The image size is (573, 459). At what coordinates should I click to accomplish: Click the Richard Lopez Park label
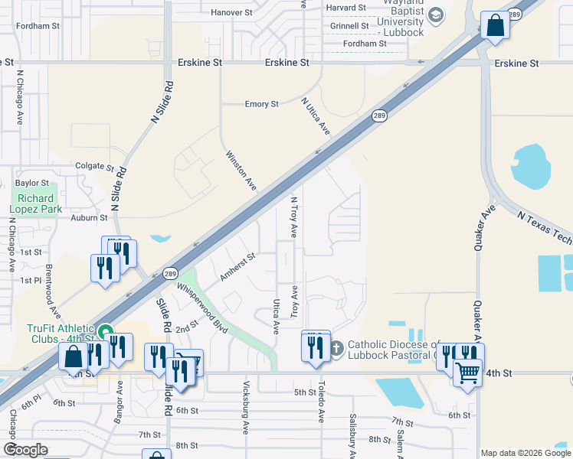(36, 203)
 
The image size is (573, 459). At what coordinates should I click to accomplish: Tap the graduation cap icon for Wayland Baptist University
(435, 15)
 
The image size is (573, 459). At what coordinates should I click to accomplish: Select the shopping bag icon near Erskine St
(495, 25)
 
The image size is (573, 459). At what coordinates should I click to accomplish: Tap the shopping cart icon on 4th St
(467, 373)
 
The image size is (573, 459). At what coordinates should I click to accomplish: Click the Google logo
(25, 450)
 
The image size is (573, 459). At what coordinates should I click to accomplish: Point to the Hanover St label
(231, 13)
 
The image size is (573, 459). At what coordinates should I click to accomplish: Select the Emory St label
(261, 104)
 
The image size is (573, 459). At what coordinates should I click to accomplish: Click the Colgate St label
(94, 166)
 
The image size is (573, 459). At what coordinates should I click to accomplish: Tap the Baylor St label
(32, 184)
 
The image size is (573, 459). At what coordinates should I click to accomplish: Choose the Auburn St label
(90, 218)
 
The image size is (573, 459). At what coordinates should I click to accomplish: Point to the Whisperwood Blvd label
(202, 308)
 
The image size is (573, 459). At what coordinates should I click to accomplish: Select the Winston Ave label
(241, 170)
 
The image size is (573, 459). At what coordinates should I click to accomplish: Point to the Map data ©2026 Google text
(526, 453)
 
